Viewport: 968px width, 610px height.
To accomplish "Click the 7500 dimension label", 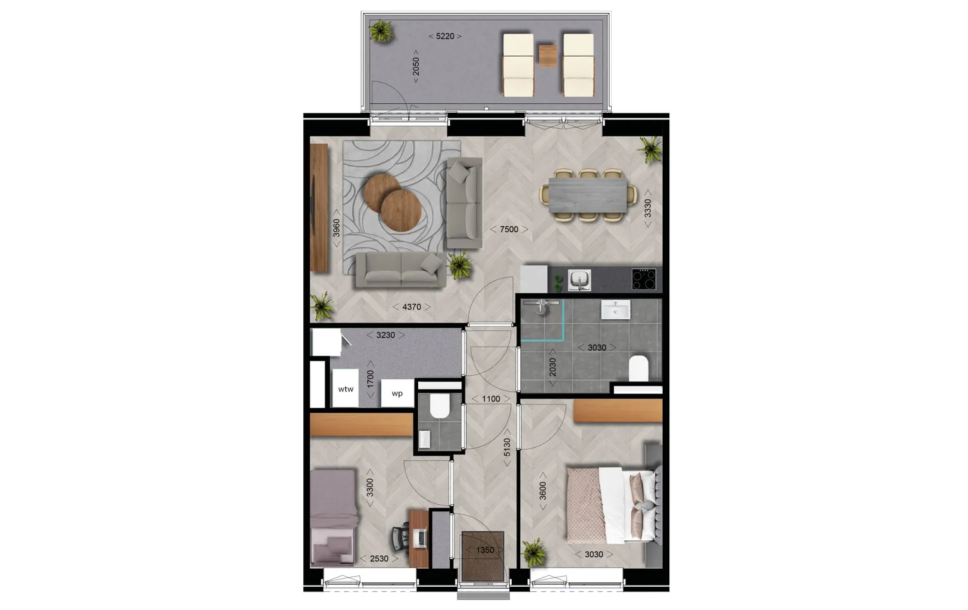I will point(509,229).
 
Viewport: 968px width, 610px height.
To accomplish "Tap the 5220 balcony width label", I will point(445,37).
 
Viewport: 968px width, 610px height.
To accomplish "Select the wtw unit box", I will point(345,389).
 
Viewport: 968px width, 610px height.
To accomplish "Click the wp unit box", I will point(397,393).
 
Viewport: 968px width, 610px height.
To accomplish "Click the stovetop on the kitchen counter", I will point(643,280).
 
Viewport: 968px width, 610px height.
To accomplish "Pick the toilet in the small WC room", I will point(439,406).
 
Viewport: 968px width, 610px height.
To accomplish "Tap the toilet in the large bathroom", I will point(638,368).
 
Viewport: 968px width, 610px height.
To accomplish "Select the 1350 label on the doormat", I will point(485,550).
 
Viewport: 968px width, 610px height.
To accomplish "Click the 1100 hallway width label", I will point(490,398).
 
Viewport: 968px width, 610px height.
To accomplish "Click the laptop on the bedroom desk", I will point(420,536).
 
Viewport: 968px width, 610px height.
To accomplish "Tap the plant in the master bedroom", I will point(534,553).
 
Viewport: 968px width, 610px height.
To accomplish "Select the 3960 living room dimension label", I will point(336,229).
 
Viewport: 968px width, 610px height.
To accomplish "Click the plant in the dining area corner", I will point(650,150).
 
